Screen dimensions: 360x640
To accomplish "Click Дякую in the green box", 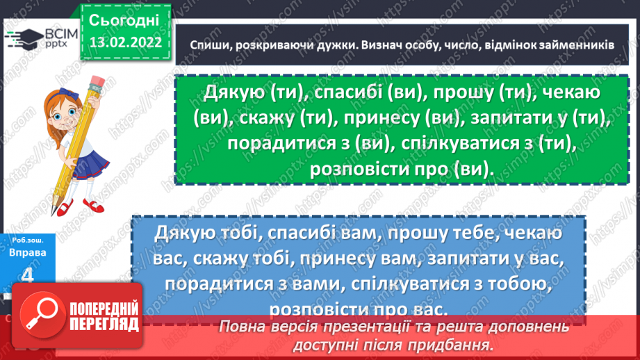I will [233, 92].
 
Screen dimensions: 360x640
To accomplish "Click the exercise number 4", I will [28, 277].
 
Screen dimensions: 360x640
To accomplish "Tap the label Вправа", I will [28, 253].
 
